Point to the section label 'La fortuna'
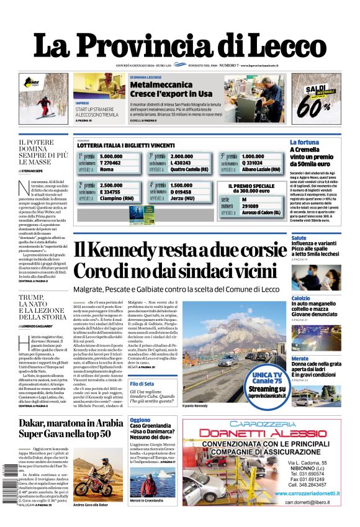305,142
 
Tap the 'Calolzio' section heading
301,299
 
